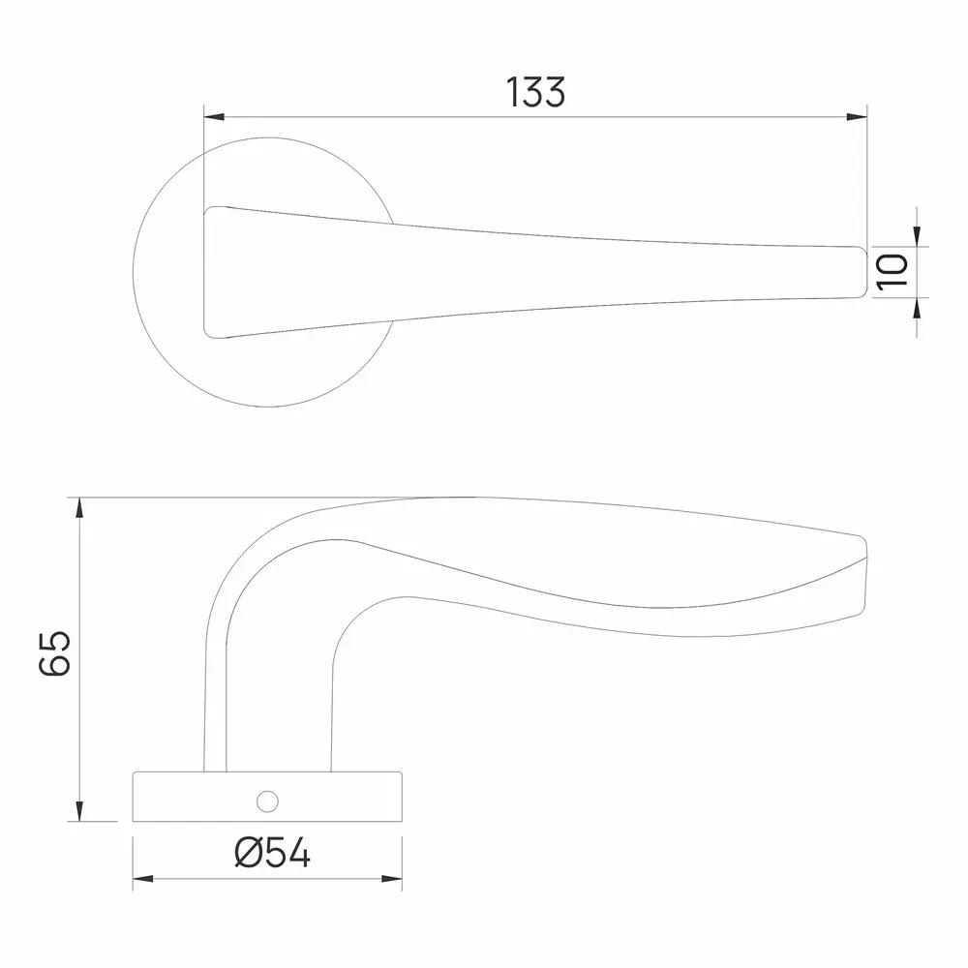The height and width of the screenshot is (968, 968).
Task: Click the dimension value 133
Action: tap(535, 92)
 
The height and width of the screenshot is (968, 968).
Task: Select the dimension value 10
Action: tap(891, 270)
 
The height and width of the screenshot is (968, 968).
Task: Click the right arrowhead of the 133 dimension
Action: tap(857, 117)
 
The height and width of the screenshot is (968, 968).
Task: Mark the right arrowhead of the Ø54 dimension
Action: tap(392, 879)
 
